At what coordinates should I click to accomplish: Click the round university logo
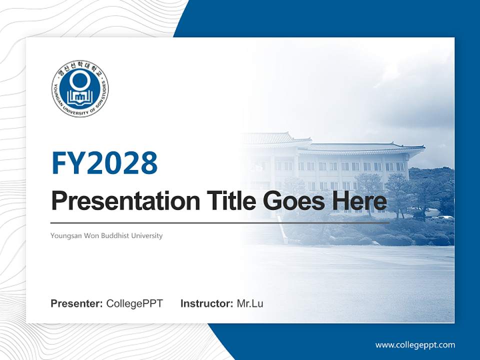point(80,89)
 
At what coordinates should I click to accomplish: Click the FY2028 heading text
point(104,163)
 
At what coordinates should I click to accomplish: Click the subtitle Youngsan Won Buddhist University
point(106,235)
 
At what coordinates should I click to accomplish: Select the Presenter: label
point(77,303)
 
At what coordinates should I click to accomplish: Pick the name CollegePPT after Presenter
point(134,303)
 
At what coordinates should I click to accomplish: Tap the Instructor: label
point(206,303)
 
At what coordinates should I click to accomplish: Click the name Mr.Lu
point(250,303)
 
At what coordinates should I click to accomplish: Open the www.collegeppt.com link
point(415,345)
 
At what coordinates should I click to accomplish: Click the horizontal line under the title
point(220,223)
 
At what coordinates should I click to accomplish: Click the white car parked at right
point(444,218)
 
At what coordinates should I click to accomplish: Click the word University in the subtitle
point(147,235)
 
